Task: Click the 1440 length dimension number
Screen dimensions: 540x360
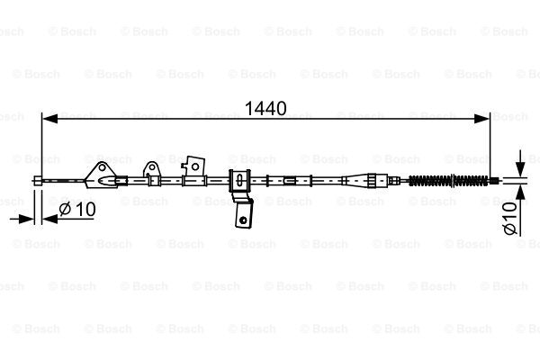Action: click(265, 109)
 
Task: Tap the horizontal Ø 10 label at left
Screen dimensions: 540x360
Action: click(77, 209)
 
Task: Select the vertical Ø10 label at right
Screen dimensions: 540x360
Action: click(510, 218)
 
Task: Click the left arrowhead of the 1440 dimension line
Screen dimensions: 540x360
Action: click(49, 119)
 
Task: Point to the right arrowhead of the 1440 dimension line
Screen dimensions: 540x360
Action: click(481, 119)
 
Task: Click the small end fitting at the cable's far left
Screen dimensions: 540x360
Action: click(38, 180)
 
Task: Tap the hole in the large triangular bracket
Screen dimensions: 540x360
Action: click(103, 168)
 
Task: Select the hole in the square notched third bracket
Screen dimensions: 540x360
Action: click(195, 167)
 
